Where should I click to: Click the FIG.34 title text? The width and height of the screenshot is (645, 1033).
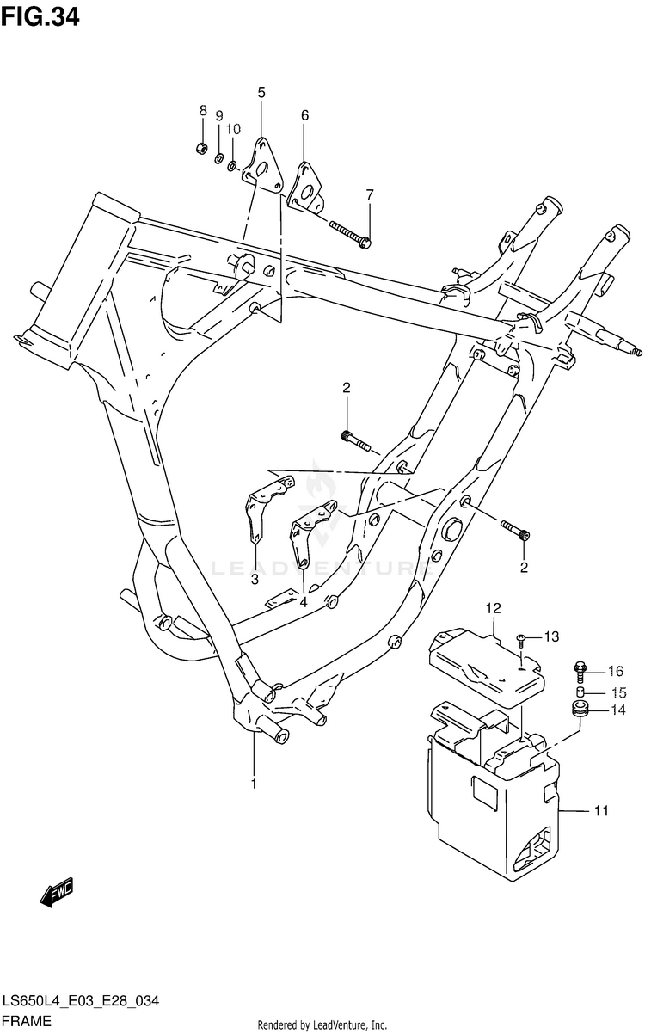[41, 16]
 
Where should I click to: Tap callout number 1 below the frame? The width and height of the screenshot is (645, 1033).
[254, 783]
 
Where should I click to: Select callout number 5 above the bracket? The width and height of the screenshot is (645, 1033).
[261, 93]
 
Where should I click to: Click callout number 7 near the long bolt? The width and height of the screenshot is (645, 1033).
[370, 194]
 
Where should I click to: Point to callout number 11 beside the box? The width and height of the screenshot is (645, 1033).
[601, 810]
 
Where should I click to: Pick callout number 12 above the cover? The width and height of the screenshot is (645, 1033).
[492, 609]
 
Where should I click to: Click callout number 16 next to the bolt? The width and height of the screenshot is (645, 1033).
[615, 672]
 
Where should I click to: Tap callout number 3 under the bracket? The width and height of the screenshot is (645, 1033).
[255, 580]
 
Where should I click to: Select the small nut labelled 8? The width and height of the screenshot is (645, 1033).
[201, 147]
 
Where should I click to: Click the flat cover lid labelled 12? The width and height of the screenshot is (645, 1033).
[486, 667]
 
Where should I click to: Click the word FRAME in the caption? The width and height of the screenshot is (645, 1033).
[27, 1022]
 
